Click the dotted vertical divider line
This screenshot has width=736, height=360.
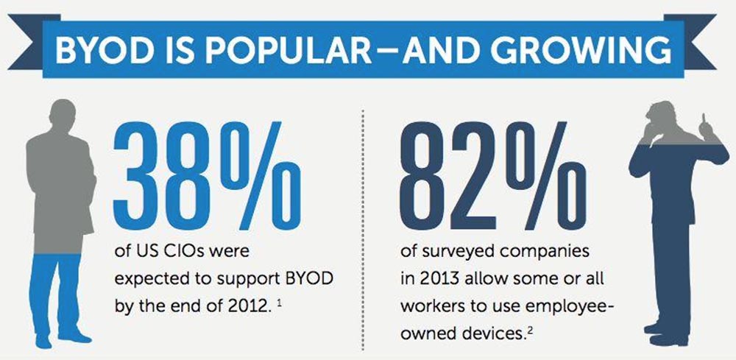point(364,221)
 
